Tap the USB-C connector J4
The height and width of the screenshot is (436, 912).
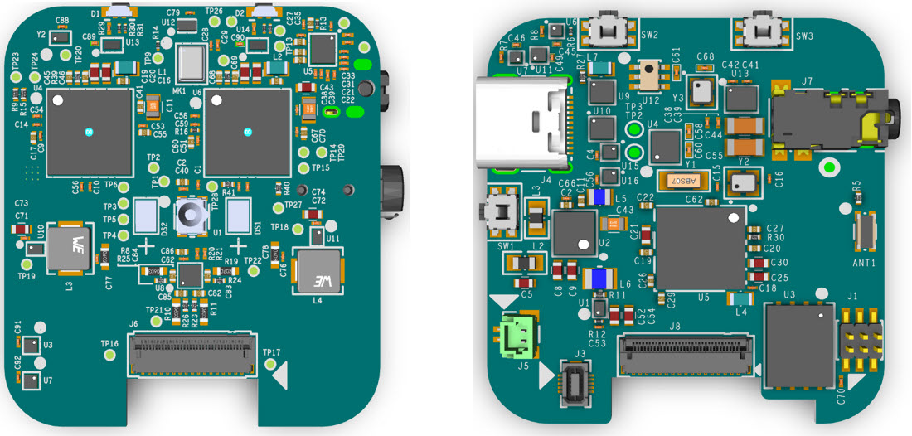coord(521,123)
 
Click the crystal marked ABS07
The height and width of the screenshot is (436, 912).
coord(682,180)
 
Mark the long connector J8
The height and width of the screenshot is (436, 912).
coord(688,356)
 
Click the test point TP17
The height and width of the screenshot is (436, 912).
coord(268,362)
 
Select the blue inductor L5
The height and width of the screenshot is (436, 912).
coord(603,196)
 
